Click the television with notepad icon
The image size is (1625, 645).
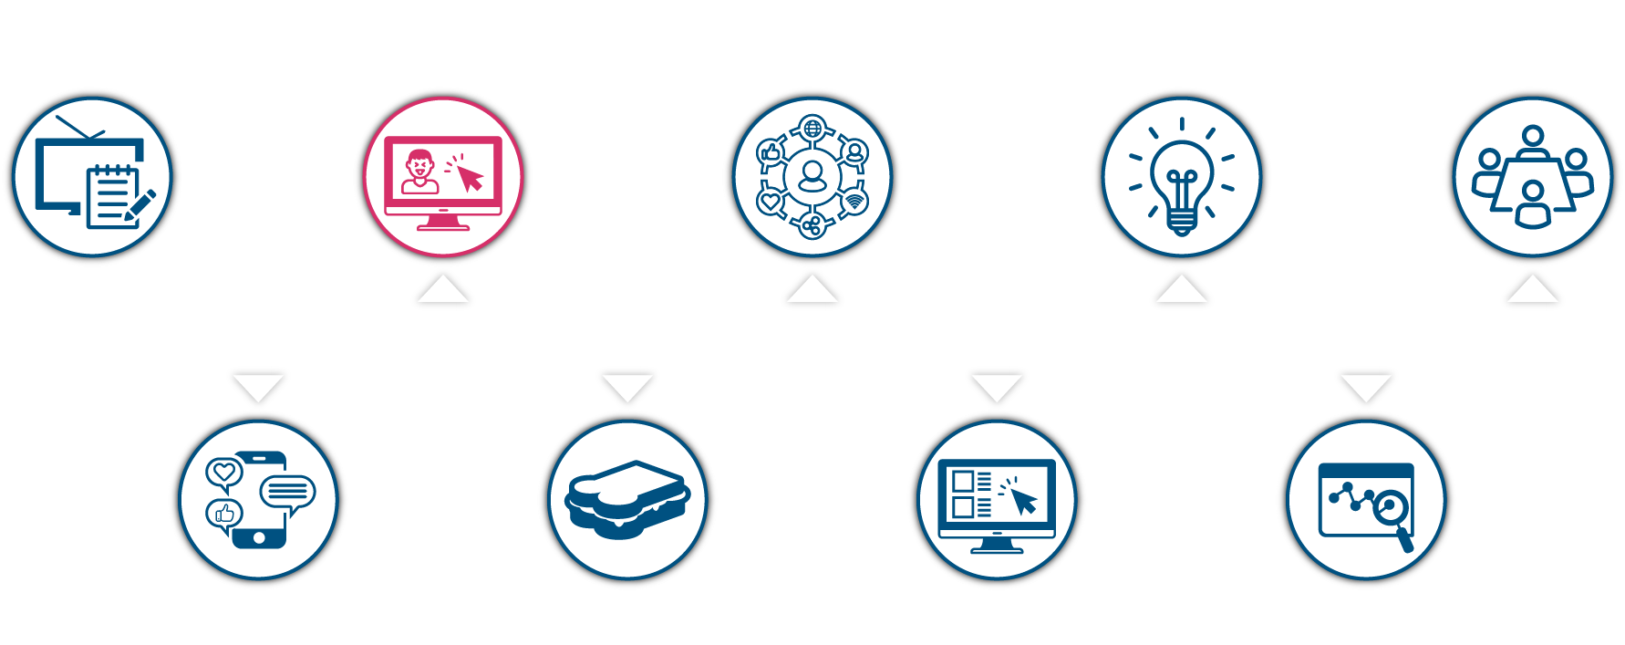click(91, 176)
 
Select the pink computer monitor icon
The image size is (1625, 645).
click(443, 176)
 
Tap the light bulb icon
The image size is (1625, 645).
click(1182, 176)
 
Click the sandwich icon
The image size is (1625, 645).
click(627, 499)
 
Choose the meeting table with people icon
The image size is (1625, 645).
click(1533, 176)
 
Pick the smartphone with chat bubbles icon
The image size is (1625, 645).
click(259, 499)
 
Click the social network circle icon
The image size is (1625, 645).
click(812, 176)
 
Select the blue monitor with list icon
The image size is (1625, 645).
click(997, 499)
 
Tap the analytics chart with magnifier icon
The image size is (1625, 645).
click(1366, 499)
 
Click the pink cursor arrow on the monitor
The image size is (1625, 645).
click(470, 177)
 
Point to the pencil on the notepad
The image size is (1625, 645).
click(140, 205)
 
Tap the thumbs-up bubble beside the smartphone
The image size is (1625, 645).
click(223, 515)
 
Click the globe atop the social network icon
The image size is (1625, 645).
click(812, 127)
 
